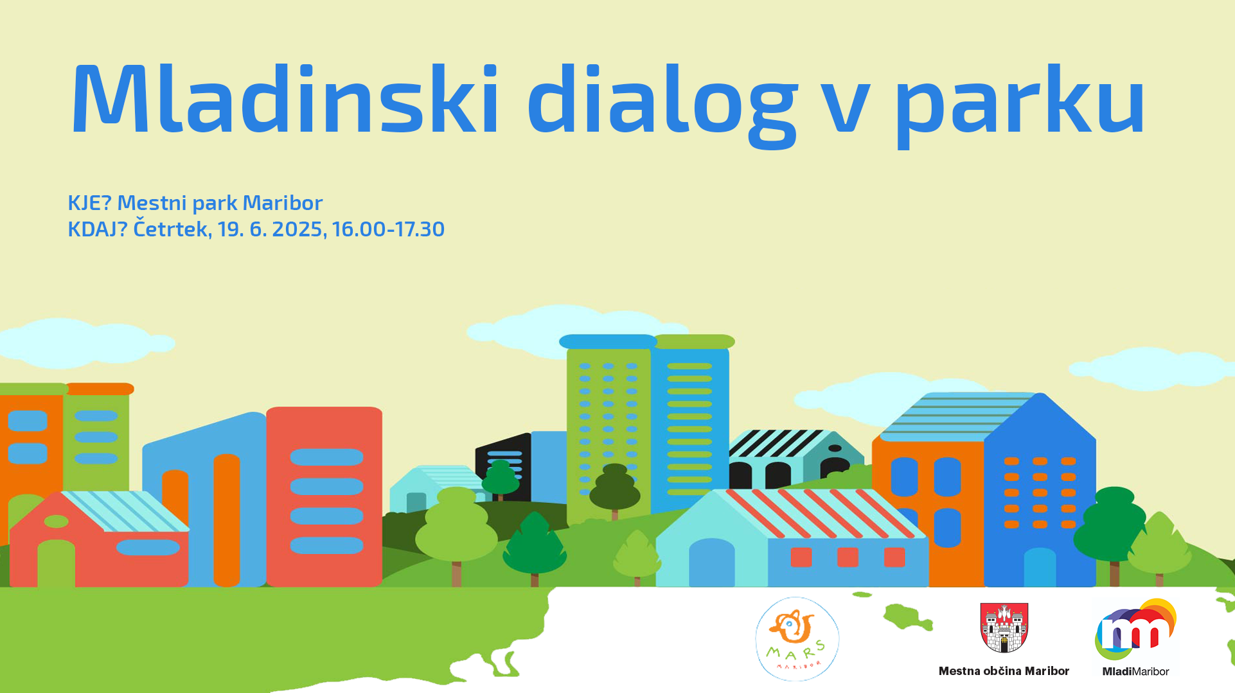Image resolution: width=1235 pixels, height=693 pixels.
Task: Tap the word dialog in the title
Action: click(662, 106)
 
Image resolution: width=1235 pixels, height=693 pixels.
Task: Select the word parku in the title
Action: click(1020, 106)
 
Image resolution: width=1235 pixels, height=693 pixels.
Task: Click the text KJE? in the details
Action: click(90, 203)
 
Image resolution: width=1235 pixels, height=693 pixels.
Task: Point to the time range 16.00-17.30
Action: click(388, 229)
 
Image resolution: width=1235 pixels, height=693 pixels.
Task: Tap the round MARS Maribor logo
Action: click(797, 639)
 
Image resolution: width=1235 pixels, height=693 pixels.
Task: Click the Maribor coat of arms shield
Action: click(1004, 627)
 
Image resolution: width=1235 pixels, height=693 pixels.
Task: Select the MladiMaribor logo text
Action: click(1135, 671)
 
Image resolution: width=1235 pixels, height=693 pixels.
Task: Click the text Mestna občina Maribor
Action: click(1004, 671)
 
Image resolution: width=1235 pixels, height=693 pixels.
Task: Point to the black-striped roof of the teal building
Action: click(778, 443)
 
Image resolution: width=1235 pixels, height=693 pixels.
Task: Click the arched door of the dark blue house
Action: click(1040, 567)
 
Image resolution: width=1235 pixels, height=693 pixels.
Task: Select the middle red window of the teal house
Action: click(848, 557)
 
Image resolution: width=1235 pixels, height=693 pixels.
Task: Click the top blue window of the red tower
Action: click(326, 457)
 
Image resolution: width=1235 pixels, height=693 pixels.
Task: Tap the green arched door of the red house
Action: click(57, 563)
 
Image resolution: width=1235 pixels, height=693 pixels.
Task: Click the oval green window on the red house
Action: click(56, 522)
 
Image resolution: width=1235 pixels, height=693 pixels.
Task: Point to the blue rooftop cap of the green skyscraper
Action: click(608, 342)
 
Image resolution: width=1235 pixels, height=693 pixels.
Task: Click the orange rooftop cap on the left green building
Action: click(99, 389)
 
